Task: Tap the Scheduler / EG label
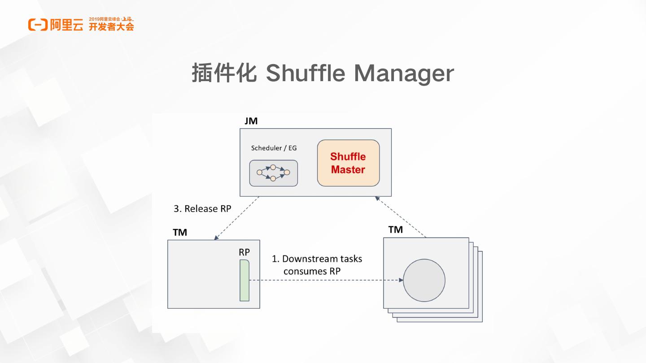(x=274, y=148)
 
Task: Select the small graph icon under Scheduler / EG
(x=273, y=173)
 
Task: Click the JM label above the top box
(x=251, y=121)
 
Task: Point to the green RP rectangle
(x=244, y=281)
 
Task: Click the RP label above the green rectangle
(x=244, y=252)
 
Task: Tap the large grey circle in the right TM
(x=424, y=281)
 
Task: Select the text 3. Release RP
(x=202, y=209)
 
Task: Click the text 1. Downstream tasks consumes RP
(x=317, y=265)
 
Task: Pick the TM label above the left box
(x=180, y=232)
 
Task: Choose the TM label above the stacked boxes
(x=395, y=229)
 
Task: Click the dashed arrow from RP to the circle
(x=325, y=281)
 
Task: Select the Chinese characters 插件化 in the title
(x=223, y=73)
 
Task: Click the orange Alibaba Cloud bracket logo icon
(x=38, y=25)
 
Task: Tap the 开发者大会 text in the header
(x=111, y=27)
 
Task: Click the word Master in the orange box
(x=348, y=170)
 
